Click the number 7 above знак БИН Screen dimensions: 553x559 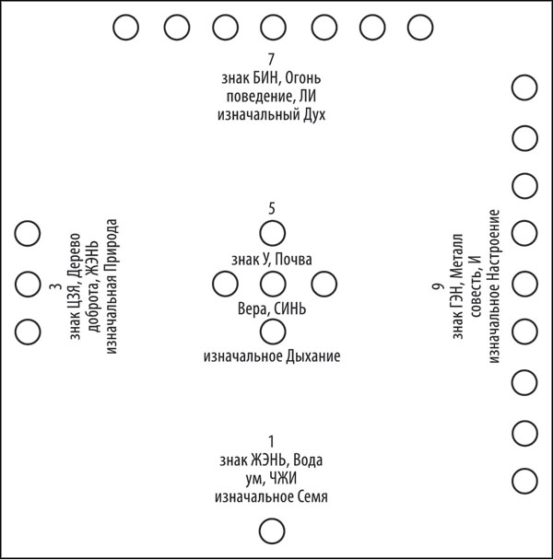click(x=271, y=59)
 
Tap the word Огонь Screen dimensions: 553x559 click(x=303, y=78)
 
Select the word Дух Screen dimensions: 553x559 click(x=314, y=115)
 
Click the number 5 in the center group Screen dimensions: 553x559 click(x=272, y=208)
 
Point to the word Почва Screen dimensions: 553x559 click(x=294, y=260)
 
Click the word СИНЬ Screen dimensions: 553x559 click(x=290, y=309)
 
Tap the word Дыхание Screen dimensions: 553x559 click(x=312, y=356)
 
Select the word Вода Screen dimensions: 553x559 click(x=308, y=460)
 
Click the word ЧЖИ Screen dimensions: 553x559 click(x=283, y=479)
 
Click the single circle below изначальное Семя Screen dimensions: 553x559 click(x=272, y=531)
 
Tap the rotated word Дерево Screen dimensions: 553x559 click(x=76, y=254)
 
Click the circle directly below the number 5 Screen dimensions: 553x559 click(x=273, y=233)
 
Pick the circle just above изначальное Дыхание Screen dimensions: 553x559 click(x=273, y=332)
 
